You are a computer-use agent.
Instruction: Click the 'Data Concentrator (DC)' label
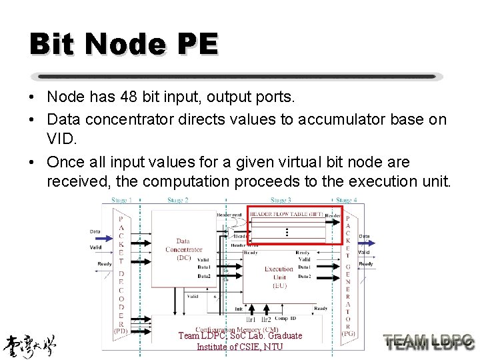pos(183,249)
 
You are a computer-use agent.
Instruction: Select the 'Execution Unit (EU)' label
pos(279,277)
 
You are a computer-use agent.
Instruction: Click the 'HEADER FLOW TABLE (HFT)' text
pos(287,214)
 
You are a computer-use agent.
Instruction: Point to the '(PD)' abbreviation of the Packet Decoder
pos(121,331)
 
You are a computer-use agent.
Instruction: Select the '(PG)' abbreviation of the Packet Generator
pos(348,333)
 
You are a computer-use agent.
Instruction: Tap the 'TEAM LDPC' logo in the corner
pos(429,342)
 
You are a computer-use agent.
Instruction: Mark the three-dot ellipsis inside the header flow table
pos(287,232)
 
